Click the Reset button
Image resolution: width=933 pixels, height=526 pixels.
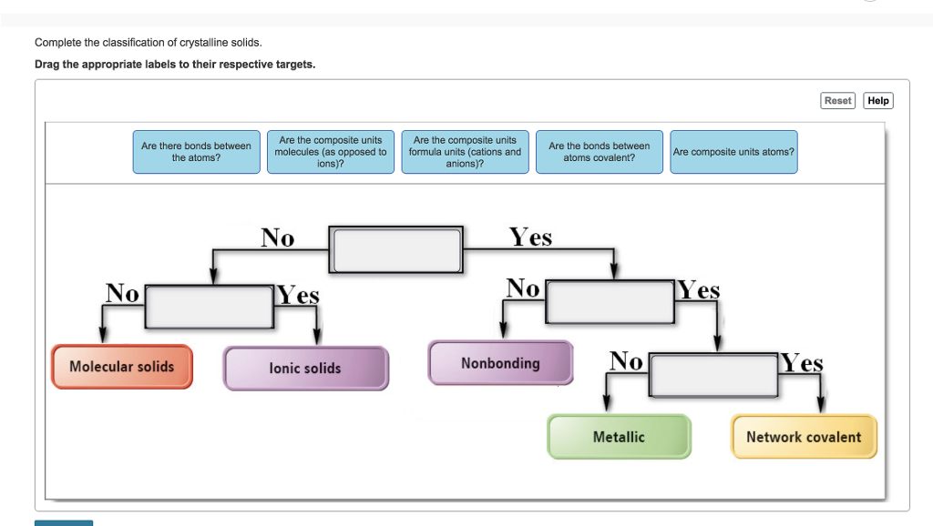point(837,101)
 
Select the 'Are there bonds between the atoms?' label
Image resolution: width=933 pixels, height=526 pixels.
point(196,152)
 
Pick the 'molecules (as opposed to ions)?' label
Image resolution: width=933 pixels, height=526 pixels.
point(331,152)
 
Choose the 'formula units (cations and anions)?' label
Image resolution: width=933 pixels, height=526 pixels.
point(465,152)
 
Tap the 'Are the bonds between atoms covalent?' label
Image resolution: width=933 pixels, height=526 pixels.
point(599,152)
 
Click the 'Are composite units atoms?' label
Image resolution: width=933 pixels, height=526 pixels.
point(733,152)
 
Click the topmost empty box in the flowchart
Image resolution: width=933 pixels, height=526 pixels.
point(397,249)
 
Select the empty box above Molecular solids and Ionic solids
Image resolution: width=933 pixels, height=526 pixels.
point(210,307)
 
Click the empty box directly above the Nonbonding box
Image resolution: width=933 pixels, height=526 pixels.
point(610,302)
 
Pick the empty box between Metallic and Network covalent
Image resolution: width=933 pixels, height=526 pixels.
point(714,375)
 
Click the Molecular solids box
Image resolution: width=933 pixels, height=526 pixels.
point(122,367)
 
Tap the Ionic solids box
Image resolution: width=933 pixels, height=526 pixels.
point(305,369)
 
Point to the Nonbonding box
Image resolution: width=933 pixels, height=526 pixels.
point(500,363)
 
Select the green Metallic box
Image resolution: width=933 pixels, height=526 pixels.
point(619,437)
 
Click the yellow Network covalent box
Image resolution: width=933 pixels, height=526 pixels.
point(803,437)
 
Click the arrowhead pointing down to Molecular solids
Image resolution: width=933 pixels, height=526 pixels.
point(103,337)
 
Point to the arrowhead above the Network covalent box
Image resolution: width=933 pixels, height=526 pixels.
point(821,405)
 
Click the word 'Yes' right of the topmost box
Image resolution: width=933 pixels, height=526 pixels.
point(530,238)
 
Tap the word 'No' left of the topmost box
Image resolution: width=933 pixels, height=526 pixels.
point(278,238)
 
